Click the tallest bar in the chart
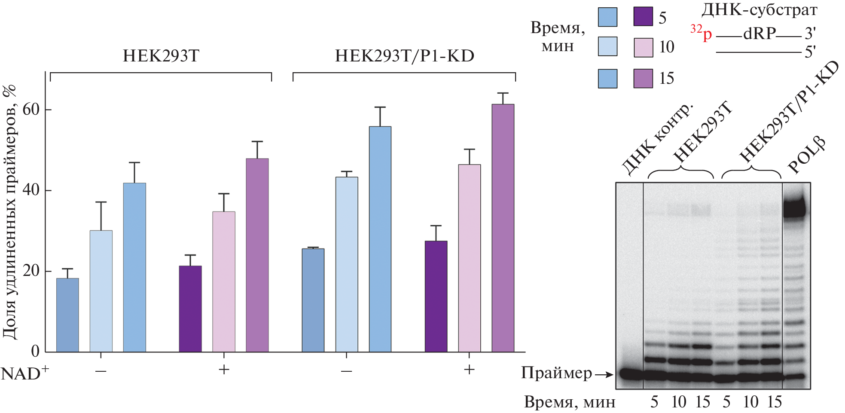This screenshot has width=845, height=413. (x=503, y=228)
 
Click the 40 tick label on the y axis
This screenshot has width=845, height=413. (x=31, y=190)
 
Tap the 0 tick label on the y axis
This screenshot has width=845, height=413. (x=35, y=351)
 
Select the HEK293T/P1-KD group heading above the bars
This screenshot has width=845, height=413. (x=404, y=56)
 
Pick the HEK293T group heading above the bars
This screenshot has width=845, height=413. (x=161, y=56)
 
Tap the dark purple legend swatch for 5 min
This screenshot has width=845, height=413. (x=643, y=17)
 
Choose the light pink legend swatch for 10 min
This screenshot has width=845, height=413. (x=643, y=47)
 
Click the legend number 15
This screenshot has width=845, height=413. (x=666, y=78)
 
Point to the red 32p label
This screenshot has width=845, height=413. (x=701, y=33)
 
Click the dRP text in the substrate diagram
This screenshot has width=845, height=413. (x=760, y=34)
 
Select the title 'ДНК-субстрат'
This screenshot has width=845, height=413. (x=759, y=9)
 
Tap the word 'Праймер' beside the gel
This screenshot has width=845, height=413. (x=556, y=373)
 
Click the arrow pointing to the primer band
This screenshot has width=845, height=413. (x=604, y=375)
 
